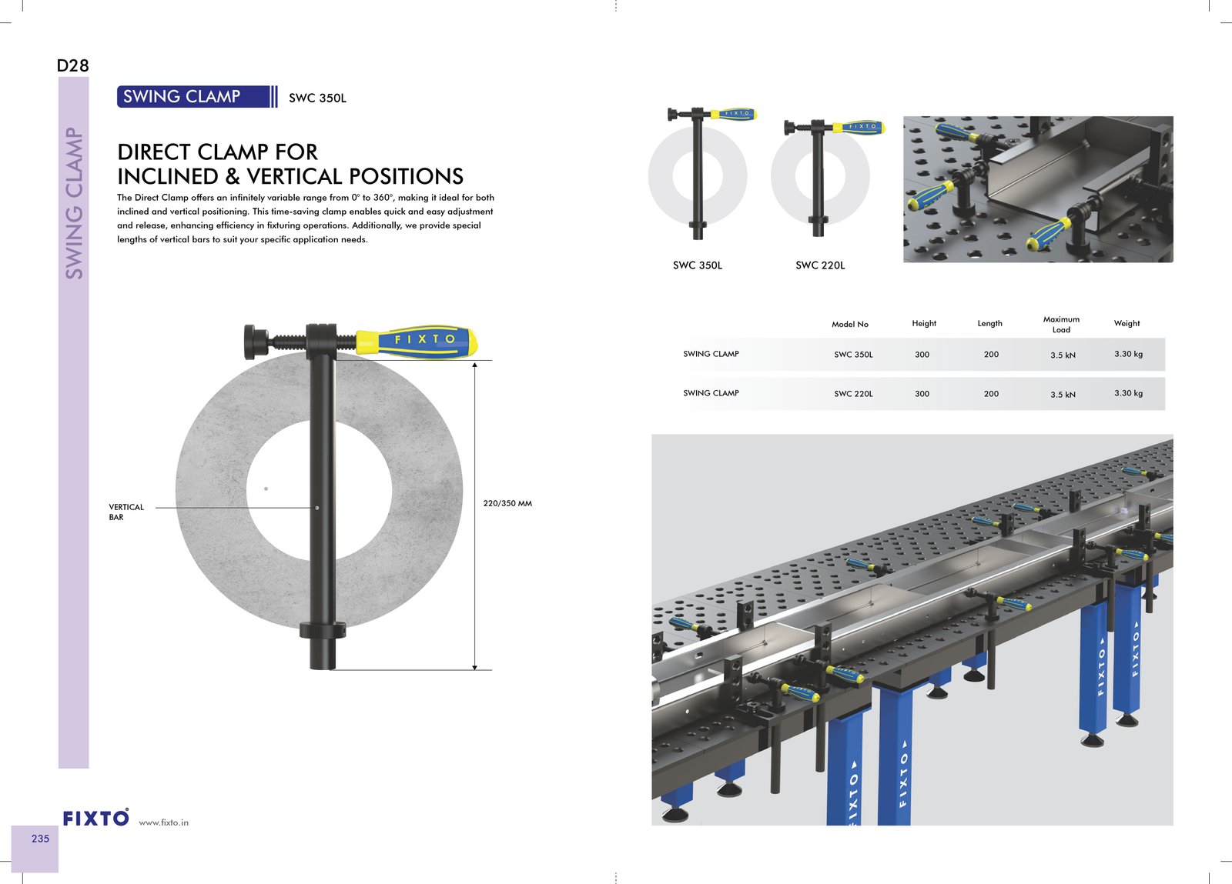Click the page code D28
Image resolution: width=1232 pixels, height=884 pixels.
[x=72, y=66]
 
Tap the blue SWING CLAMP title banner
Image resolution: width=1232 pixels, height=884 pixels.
[x=197, y=97]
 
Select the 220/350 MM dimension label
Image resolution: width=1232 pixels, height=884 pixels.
[x=507, y=503]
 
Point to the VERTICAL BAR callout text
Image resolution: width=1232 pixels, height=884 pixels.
[x=126, y=512]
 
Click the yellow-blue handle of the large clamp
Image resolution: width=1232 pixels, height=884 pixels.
[x=417, y=341]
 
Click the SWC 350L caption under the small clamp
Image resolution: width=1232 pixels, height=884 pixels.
[x=698, y=265]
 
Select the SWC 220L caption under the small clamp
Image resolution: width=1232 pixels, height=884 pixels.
[x=820, y=265]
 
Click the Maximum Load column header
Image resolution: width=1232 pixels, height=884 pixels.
[x=1061, y=324]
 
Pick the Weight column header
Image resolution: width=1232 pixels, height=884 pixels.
[x=1127, y=323]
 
